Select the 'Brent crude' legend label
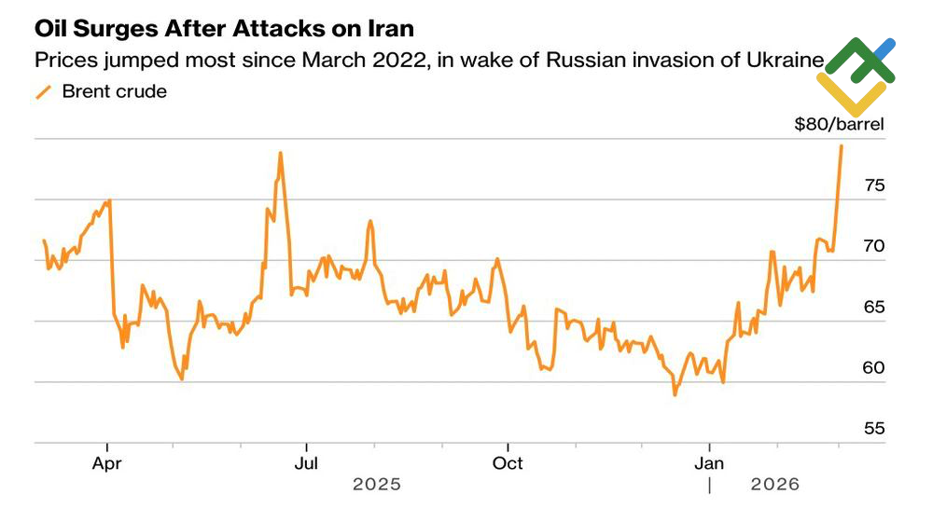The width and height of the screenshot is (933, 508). pos(115,91)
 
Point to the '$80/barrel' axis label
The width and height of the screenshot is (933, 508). pos(839,123)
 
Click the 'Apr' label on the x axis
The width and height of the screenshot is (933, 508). pos(108,463)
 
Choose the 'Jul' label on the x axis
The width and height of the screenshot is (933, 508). pos(307,463)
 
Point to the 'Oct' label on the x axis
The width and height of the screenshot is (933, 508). pos(508,463)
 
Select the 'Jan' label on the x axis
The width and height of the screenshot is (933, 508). pos(710,463)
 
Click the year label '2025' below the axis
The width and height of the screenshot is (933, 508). pos(377,485)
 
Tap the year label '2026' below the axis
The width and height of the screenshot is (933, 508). pos(775,485)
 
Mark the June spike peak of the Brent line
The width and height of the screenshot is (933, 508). pos(280,153)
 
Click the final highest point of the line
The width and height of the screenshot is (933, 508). pos(842,146)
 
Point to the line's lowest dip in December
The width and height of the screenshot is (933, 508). pos(675,394)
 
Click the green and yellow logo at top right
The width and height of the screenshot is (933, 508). pos(856,75)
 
